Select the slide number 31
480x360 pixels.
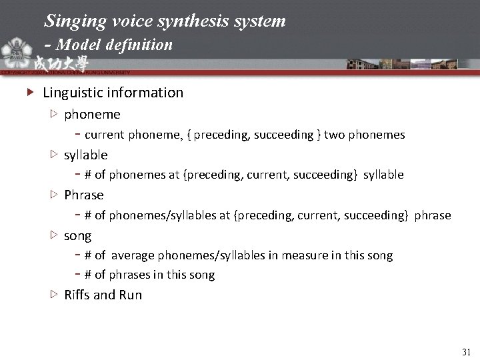click(x=466, y=351)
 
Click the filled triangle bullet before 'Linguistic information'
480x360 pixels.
click(x=29, y=93)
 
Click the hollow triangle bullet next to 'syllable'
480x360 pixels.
click(x=54, y=155)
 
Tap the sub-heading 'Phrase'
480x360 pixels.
click(x=84, y=195)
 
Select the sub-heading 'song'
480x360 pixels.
click(x=78, y=235)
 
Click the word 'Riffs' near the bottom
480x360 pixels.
click(x=79, y=295)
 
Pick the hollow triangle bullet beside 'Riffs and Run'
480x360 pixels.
click(x=54, y=295)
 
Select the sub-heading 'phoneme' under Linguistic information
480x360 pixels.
click(x=92, y=115)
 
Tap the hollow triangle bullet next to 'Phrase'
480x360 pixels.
click(x=54, y=195)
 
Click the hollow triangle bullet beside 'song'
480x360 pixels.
click(x=54, y=235)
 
